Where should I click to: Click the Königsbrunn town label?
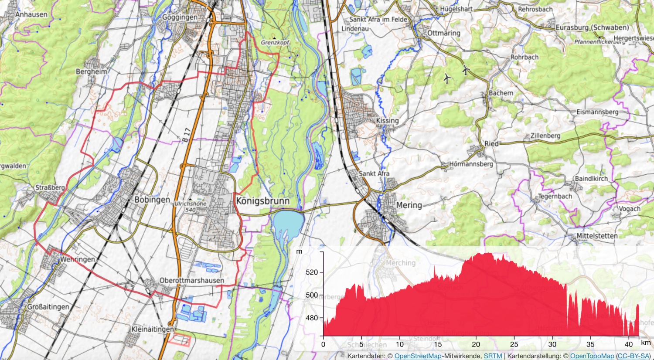pyautogui.click(x=262, y=201)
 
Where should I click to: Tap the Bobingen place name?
pyautogui.click(x=152, y=200)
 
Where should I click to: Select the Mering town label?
pyautogui.click(x=409, y=205)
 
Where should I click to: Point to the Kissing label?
pyautogui.click(x=387, y=121)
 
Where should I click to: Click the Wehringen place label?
pyautogui.click(x=78, y=259)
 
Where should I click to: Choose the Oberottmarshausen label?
pyautogui.click(x=192, y=281)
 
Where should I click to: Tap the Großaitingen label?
pyautogui.click(x=48, y=307)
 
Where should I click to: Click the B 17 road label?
pyautogui.click(x=187, y=135)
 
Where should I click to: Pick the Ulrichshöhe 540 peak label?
pyautogui.click(x=191, y=207)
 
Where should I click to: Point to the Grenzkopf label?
pyautogui.click(x=275, y=43)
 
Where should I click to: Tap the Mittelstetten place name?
pyautogui.click(x=597, y=236)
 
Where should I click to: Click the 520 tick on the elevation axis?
pyautogui.click(x=312, y=272)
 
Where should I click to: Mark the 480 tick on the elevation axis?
pyautogui.click(x=312, y=318)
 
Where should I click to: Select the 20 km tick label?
pyautogui.click(x=476, y=344)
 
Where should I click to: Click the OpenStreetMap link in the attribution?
pyautogui.click(x=418, y=356)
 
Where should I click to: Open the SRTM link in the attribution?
pyautogui.click(x=493, y=356)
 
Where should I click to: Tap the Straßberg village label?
pyautogui.click(x=50, y=188)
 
